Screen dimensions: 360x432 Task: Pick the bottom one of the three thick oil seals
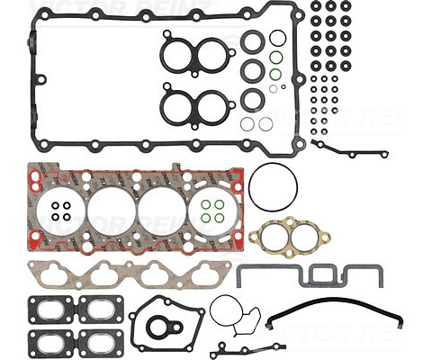point(254,97)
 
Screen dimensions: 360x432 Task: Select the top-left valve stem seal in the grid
point(315,6)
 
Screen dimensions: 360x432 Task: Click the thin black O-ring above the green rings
point(278,38)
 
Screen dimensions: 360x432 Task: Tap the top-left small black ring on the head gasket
point(57,205)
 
